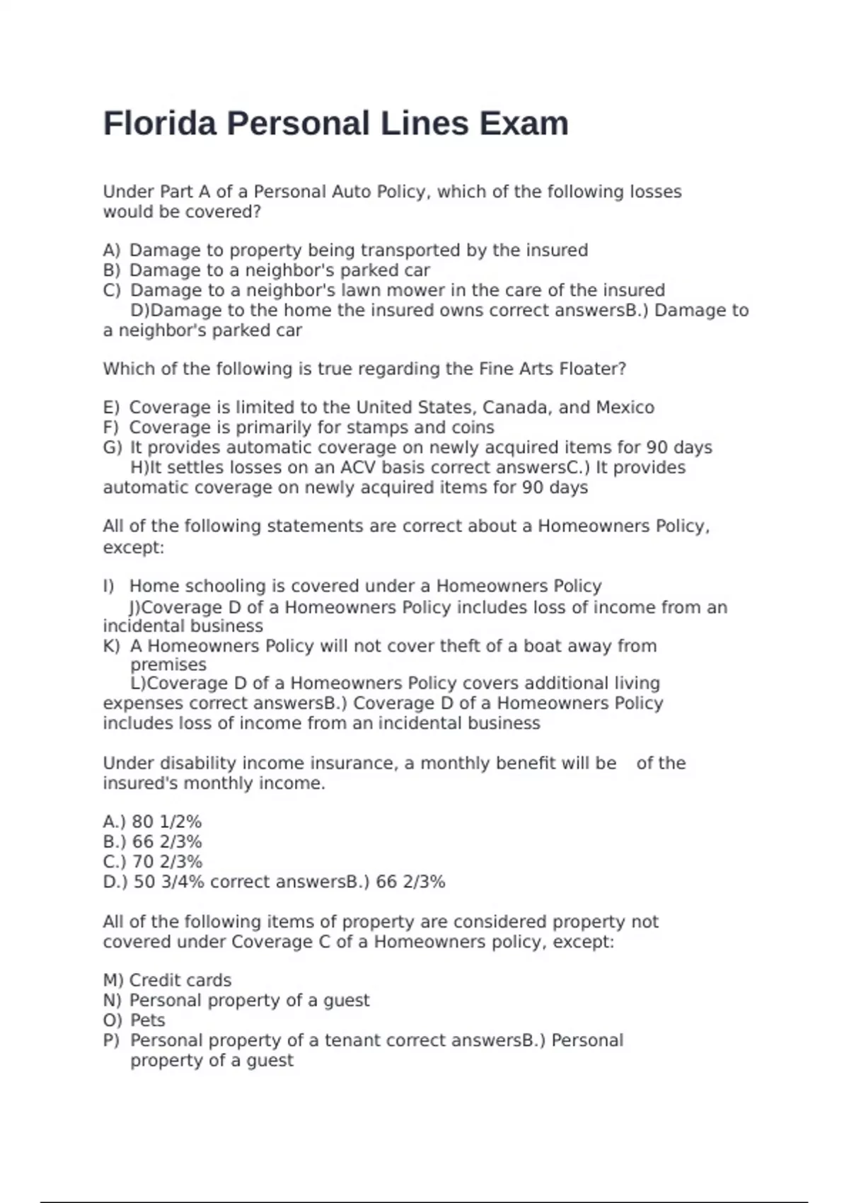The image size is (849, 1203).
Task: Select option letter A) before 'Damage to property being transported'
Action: click(x=112, y=251)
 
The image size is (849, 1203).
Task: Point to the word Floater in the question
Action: click(x=592, y=369)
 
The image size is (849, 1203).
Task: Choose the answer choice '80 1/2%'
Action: click(x=167, y=822)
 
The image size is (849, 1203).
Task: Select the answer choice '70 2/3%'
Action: click(x=167, y=862)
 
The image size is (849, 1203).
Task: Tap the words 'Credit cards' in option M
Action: click(x=180, y=980)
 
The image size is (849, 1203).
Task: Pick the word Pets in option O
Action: click(x=148, y=1020)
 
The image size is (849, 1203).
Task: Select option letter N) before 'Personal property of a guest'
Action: click(x=112, y=1001)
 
